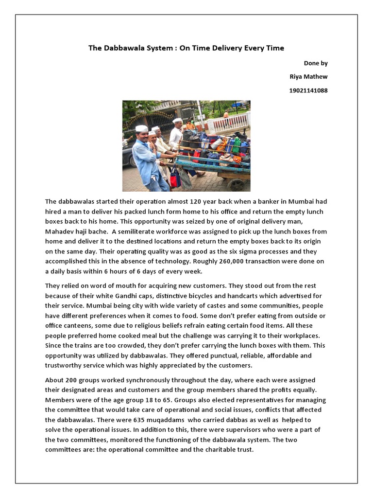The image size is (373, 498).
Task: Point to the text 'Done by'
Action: point(316,63)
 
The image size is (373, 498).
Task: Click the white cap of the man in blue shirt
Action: point(141,128)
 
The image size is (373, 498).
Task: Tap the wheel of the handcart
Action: point(236,184)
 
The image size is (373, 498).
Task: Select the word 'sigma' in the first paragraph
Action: point(261,251)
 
